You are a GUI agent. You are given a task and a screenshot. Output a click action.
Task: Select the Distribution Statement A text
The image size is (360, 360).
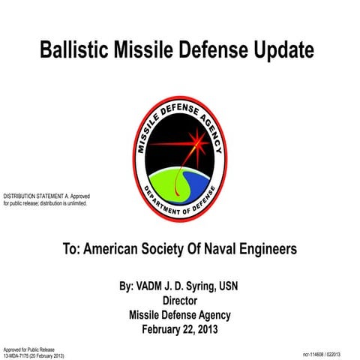[46, 199]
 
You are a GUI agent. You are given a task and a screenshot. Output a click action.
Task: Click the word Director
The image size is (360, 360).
[180, 301]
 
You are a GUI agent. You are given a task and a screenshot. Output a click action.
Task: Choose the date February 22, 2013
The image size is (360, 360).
[180, 328]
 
